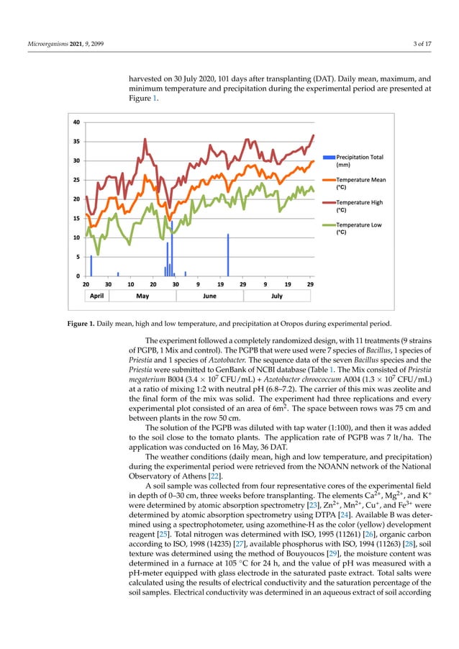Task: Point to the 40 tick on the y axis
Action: [76, 122]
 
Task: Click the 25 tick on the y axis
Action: [76, 180]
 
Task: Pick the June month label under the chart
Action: [209, 296]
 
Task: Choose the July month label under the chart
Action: [276, 296]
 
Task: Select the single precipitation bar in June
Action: [228, 255]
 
